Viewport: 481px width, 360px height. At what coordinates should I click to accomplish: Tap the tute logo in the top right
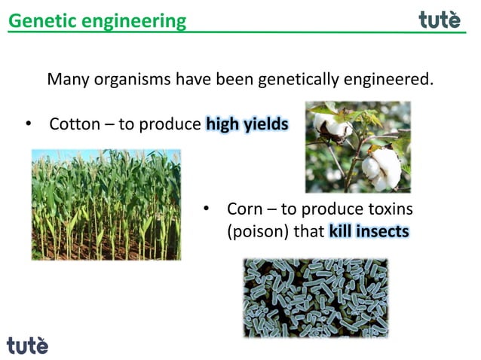click(440, 20)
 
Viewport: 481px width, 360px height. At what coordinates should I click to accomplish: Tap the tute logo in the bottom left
click(27, 345)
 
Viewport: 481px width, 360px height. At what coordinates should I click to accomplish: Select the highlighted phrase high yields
click(247, 124)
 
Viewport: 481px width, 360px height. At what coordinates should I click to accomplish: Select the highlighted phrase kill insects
click(369, 230)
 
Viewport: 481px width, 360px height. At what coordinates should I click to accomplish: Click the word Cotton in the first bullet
click(74, 124)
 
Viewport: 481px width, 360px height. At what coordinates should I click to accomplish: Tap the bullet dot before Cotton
click(28, 124)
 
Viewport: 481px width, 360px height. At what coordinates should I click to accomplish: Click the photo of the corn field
click(106, 204)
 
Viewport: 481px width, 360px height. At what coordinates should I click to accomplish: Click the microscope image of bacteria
click(315, 297)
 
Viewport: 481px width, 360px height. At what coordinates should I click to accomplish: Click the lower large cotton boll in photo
click(382, 167)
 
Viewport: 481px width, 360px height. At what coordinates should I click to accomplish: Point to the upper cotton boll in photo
click(332, 125)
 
